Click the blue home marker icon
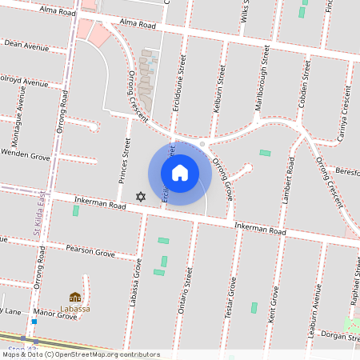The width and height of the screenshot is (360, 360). click(180, 173)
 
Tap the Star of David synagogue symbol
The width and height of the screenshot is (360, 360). click(141, 197)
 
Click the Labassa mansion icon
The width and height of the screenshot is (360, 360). click(75, 297)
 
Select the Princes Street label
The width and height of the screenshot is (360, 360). click(125, 158)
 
